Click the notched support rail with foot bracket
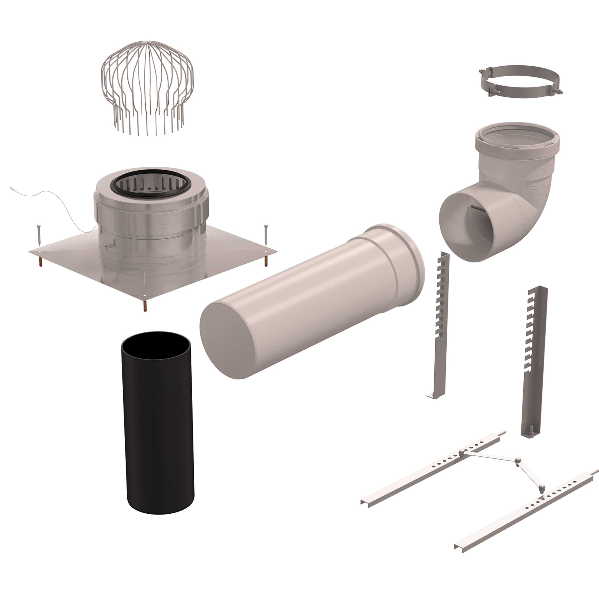click(439, 326)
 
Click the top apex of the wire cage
click(147, 41)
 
